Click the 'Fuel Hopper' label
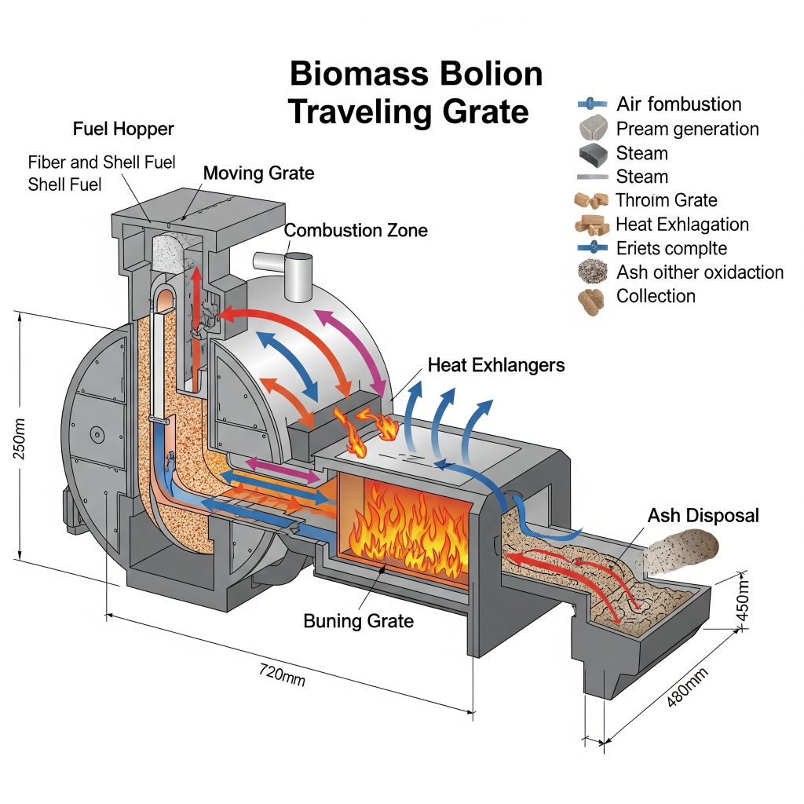coord(123,128)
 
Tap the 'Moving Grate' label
coord(258,173)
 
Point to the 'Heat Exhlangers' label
coord(496,365)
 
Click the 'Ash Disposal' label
coord(703,516)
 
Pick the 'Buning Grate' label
coord(358,621)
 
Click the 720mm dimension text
coord(281,673)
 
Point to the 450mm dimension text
coord(745,604)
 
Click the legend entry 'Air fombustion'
coord(678,104)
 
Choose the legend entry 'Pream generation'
coord(687,129)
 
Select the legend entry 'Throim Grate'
coord(666,200)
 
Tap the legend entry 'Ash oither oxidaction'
coord(700,272)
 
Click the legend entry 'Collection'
coord(656,296)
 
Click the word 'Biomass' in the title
coord(357,75)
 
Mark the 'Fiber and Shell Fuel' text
coord(102,163)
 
